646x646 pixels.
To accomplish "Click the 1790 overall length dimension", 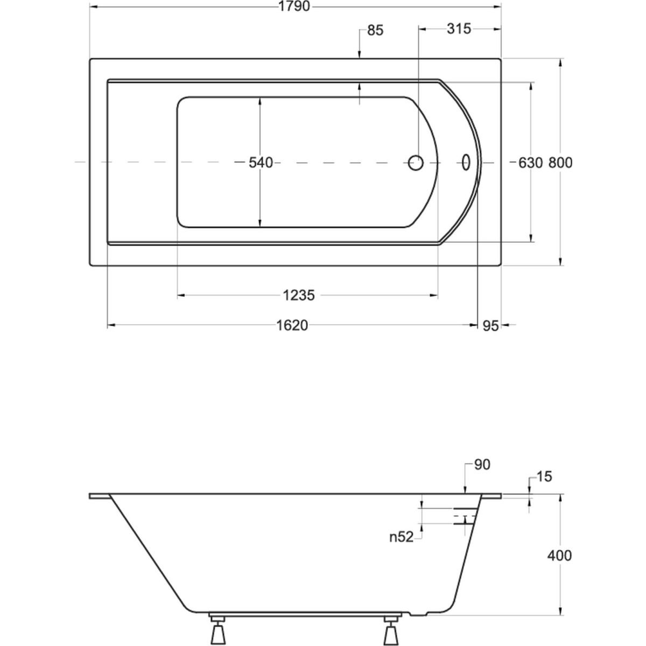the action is (294, 6).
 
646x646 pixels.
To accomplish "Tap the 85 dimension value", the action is (375, 31).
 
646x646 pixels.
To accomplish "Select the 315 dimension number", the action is (459, 29).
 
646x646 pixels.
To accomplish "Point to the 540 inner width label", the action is (261, 163).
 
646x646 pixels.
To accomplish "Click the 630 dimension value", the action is (530, 163).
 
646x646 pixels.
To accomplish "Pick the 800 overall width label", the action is (560, 163).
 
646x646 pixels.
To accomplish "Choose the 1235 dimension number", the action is (299, 296).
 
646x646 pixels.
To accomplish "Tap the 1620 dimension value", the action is (292, 325).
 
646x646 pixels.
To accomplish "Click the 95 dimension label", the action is (490, 326).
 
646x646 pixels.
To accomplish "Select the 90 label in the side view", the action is (482, 465).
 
